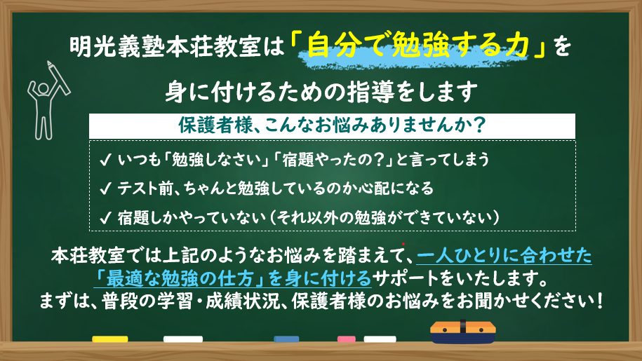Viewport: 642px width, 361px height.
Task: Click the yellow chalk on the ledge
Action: coord(109,339)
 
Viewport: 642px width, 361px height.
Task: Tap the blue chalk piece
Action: coord(286,339)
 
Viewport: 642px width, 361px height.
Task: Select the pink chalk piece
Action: coord(347,339)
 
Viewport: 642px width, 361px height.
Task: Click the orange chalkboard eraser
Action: coord(462,332)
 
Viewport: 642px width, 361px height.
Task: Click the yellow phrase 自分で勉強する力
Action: coord(417,46)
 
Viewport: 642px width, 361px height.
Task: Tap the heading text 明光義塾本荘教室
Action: coord(165,46)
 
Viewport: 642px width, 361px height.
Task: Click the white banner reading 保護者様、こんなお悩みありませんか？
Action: coord(332,126)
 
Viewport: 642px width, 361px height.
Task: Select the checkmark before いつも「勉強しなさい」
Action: coord(105,160)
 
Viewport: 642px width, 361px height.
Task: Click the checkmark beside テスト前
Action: coord(105,189)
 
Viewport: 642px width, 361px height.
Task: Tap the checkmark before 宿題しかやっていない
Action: coord(105,217)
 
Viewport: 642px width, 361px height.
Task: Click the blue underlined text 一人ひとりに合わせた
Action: coord(504,256)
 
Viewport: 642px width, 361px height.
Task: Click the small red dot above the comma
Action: coord(403,244)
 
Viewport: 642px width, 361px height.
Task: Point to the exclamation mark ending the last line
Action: coord(600,301)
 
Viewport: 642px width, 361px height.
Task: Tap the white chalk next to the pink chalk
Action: coord(380,339)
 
